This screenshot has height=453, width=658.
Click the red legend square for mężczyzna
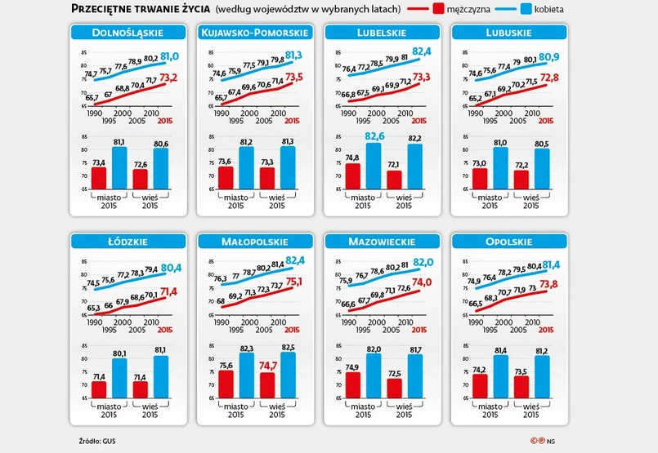[438, 9]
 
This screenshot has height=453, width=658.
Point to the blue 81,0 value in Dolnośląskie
[169, 56]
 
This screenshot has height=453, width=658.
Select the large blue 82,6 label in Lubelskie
[373, 136]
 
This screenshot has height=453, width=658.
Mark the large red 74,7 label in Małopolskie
[267, 366]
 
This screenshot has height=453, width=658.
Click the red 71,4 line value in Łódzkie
[169, 291]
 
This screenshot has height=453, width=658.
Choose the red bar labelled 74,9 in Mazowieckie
[351, 386]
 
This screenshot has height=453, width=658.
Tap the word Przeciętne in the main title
[103, 9]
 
